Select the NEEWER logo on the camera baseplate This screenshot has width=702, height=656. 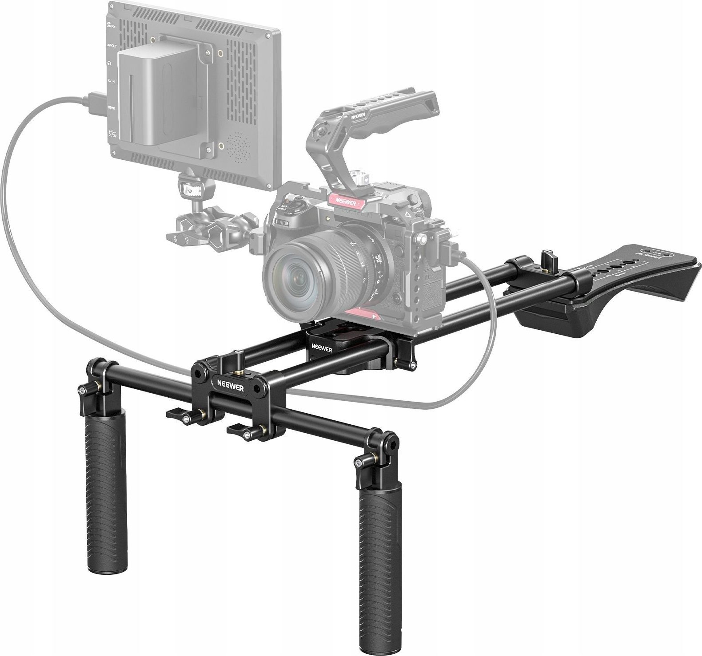(x=321, y=347)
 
